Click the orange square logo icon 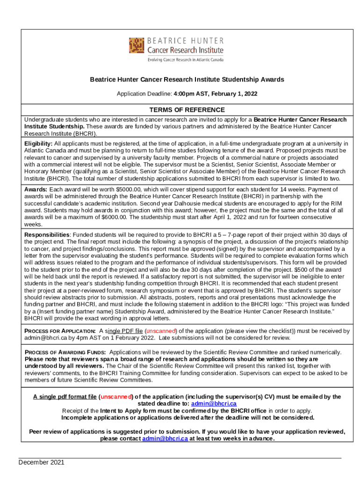pyautogui.click(x=137, y=45)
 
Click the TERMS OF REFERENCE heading pyautogui.click(x=180, y=110)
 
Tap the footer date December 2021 pyautogui.click(x=42, y=462)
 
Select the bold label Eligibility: pyautogui.click(x=39, y=143)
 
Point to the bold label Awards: pyautogui.click(x=36, y=189)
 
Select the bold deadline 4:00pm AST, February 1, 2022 pyautogui.click(x=216, y=94)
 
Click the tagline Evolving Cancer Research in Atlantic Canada pyautogui.click(x=186, y=60)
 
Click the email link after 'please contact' pyautogui.click(x=165, y=439)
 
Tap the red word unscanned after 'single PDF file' pyautogui.click(x=160, y=331)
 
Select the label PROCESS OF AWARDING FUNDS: pyautogui.click(x=65, y=352)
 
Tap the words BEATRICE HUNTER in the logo pyautogui.click(x=186, y=41)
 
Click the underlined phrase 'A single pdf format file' pyautogui.click(x=65, y=397)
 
